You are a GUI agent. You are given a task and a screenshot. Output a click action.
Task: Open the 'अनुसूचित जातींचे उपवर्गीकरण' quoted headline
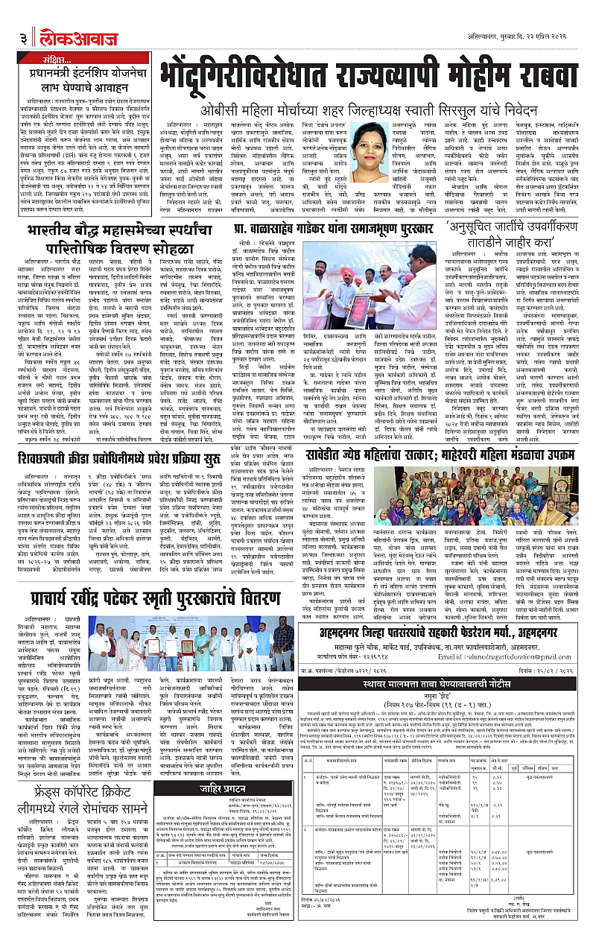(525, 233)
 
